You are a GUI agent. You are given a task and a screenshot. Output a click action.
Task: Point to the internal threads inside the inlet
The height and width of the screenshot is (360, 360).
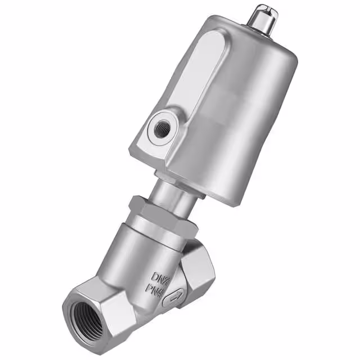[84, 318]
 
